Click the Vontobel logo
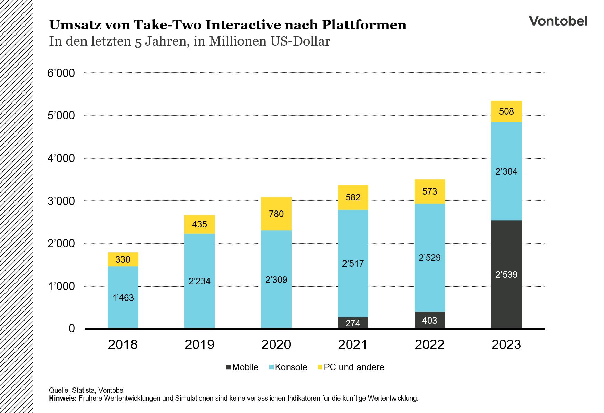(x=558, y=21)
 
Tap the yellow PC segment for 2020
(x=276, y=214)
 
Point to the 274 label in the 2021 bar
(x=353, y=323)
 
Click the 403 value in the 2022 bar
(x=429, y=321)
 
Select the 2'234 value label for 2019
(x=199, y=281)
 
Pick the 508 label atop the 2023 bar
(x=506, y=111)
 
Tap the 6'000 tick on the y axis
(x=61, y=73)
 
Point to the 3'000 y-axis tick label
(x=61, y=201)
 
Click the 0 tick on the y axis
(x=71, y=328)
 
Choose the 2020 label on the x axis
(x=276, y=345)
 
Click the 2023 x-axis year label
(x=506, y=345)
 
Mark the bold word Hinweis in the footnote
(x=62, y=399)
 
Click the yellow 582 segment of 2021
(x=353, y=197)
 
